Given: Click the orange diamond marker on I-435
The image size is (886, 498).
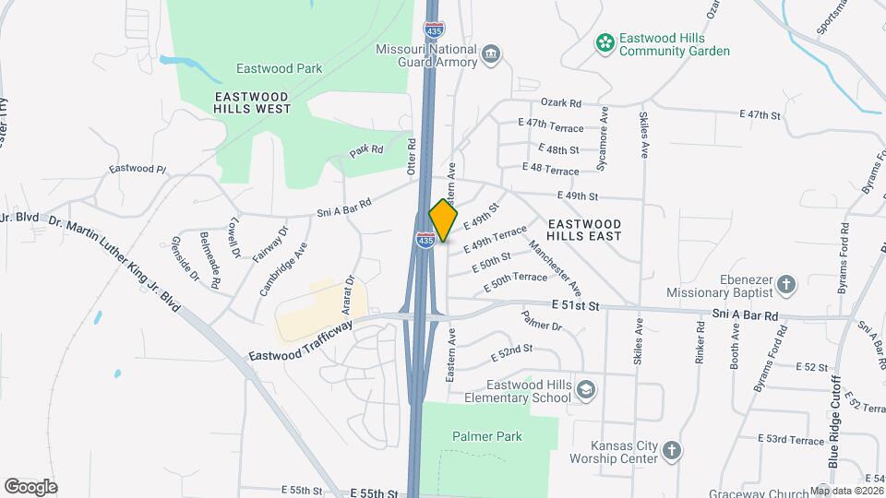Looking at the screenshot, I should pyautogui.click(x=443, y=220).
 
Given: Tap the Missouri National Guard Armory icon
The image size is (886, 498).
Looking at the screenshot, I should pyautogui.click(x=492, y=53).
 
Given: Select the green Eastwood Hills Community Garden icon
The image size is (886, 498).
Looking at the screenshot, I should pyautogui.click(x=605, y=42).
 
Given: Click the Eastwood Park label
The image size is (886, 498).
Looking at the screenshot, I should pyautogui.click(x=279, y=68).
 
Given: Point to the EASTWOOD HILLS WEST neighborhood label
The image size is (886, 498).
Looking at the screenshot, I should pyautogui.click(x=252, y=102).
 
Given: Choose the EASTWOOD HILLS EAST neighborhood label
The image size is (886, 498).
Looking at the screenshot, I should pyautogui.click(x=583, y=230).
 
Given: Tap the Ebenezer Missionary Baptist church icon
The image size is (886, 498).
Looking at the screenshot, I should pyautogui.click(x=785, y=283).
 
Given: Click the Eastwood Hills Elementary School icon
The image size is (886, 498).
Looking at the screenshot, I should pyautogui.click(x=584, y=391).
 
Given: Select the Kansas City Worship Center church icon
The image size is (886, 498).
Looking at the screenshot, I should pyautogui.click(x=673, y=451).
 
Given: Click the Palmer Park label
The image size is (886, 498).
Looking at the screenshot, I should pyautogui.click(x=486, y=436).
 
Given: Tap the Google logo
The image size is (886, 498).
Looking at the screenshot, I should pyautogui.click(x=30, y=486).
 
